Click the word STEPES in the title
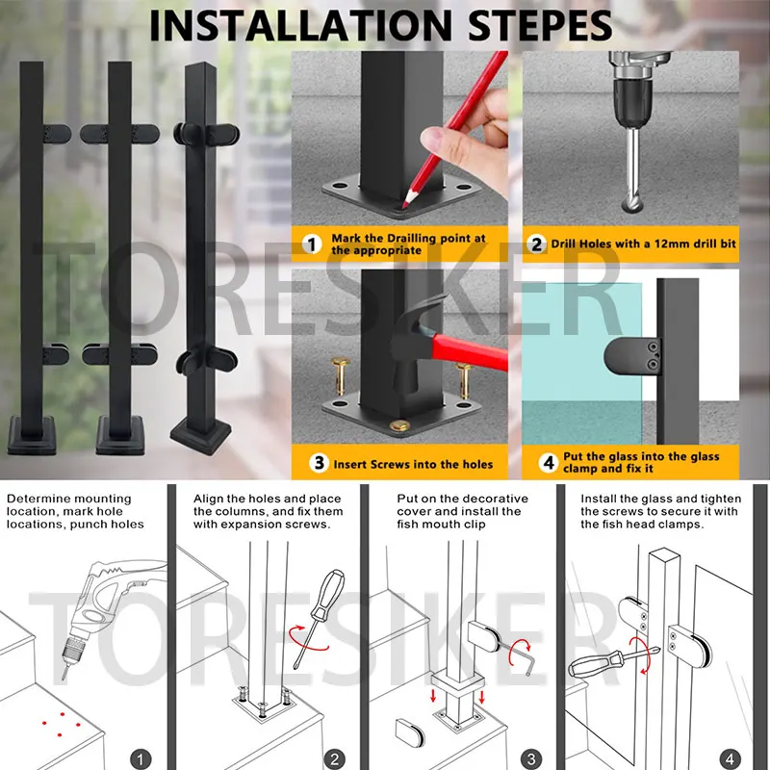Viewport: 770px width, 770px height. [540, 26]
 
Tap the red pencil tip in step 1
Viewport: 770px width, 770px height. [404, 204]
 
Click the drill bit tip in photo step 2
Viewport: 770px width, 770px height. [631, 205]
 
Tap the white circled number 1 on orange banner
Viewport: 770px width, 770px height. [311, 244]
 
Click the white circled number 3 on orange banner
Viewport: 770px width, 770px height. [320, 463]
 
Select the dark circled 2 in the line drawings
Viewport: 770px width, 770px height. [335, 759]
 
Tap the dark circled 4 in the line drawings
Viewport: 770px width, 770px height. [730, 759]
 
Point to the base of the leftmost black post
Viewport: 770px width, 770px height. [32, 435]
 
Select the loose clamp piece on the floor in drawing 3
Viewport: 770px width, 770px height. [410, 732]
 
